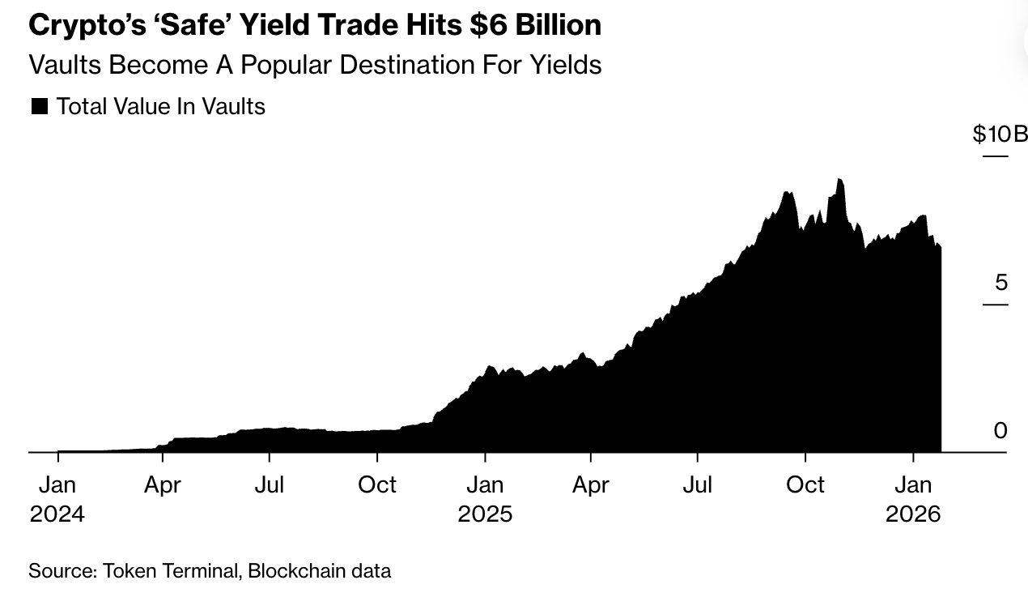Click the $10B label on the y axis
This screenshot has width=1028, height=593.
(1000, 134)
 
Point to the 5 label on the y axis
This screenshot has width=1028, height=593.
(1000, 283)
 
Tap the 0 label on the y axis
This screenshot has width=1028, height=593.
(1000, 431)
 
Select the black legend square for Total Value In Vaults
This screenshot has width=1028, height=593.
(39, 106)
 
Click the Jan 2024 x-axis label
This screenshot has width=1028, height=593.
(57, 498)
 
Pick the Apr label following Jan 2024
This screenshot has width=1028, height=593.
(163, 484)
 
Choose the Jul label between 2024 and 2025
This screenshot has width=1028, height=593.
(269, 484)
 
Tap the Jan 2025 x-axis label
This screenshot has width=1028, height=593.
(485, 498)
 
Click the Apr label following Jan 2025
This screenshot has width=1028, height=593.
(591, 484)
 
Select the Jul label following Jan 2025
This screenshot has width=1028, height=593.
(697, 484)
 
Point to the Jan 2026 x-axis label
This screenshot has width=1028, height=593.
(913, 498)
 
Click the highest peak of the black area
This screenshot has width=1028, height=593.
(839, 179)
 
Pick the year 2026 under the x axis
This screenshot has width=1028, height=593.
(913, 514)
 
